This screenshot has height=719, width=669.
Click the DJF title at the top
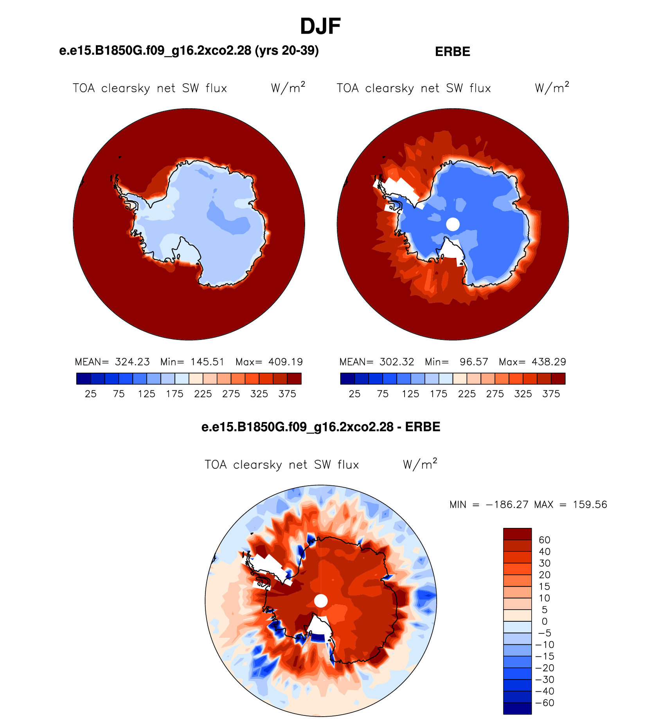pos(320,27)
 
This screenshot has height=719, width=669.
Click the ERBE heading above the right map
pos(453,52)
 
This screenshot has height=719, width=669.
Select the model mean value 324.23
pos(132,362)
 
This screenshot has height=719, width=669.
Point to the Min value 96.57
pos(474,362)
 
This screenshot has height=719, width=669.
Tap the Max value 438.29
pos(549,362)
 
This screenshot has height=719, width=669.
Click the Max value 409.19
pos(286,362)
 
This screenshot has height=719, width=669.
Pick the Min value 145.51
pos(207,362)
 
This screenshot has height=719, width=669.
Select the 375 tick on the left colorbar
pos(287,394)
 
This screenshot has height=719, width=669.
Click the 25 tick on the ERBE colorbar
pos(354,394)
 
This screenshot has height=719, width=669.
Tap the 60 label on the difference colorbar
pos(545,540)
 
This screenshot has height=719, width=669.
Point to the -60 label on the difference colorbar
pos(545,703)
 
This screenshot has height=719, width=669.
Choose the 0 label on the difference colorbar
pos(545,621)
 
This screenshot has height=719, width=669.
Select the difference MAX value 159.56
pos(590,504)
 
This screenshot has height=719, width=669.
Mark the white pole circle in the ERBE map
pos(453,224)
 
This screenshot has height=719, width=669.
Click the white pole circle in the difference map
pos(321,601)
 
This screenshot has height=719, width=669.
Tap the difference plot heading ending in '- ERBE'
pos(321,427)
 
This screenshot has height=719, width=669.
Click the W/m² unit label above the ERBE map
pos(552,87)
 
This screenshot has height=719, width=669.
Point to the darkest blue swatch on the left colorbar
pos(83,379)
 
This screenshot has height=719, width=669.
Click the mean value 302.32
pos(397,362)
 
